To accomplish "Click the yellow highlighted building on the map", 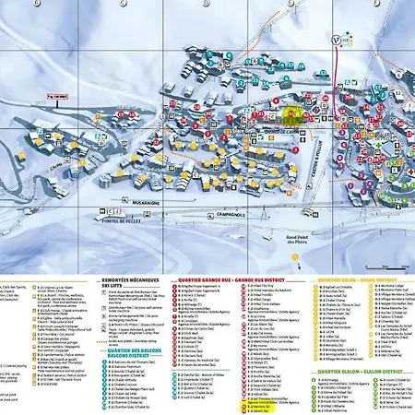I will click(x=291, y=114).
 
